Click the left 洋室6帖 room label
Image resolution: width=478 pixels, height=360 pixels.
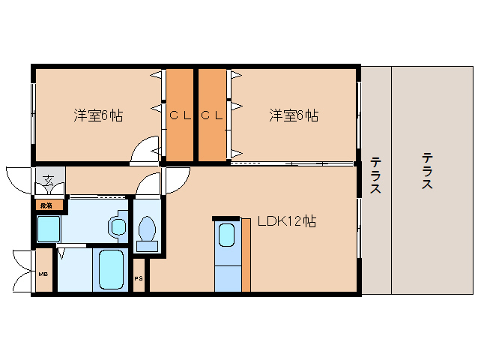[98, 115]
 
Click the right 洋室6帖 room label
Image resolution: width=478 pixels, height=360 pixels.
[294, 115]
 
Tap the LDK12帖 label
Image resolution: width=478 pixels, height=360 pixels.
[286, 221]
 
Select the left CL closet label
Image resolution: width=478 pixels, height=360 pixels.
[178, 115]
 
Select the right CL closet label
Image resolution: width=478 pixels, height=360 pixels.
[211, 115]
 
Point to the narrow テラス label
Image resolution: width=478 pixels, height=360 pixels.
[375, 175]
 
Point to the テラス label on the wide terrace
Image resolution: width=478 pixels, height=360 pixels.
[426, 171]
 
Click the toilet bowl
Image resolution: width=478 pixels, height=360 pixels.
[148, 229]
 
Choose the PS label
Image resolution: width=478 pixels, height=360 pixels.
[138, 279]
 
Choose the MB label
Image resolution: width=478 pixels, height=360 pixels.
[43, 274]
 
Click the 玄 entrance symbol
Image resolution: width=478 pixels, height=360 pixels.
[48, 179]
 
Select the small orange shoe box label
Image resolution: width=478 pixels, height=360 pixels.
[46, 204]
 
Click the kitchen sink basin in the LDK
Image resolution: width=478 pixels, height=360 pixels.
[226, 235]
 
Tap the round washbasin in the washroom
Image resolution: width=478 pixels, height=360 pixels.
[117, 225]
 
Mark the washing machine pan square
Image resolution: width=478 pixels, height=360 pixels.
[49, 228]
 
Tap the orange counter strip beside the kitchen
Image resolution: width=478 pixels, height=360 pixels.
[246, 255]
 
